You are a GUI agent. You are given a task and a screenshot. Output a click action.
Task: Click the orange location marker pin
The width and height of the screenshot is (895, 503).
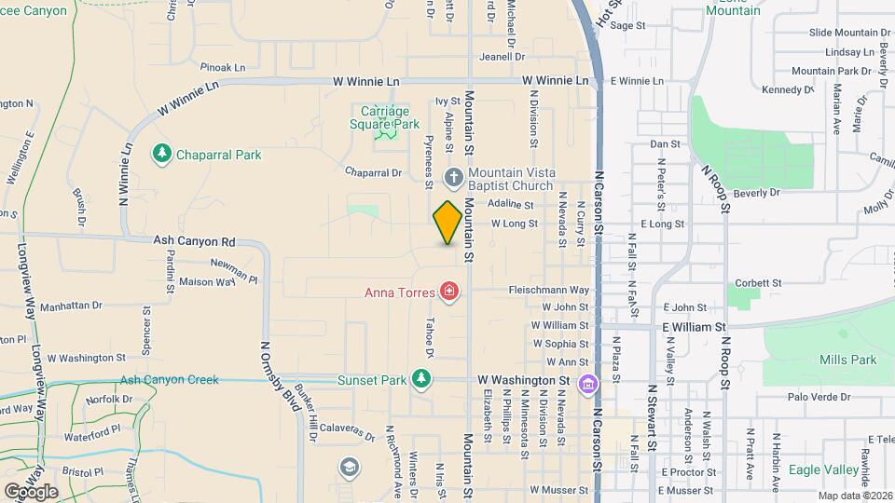pos(448,223)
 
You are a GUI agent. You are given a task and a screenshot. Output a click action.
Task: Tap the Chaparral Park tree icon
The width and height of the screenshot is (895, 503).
pos(162,154)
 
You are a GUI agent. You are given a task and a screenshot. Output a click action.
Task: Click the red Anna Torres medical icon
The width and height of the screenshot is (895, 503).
pos(449,292)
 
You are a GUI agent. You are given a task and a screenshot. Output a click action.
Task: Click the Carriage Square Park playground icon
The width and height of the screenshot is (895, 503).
pos(384,135)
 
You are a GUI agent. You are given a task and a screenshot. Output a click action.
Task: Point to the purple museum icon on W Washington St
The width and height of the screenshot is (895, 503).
pos(587,383)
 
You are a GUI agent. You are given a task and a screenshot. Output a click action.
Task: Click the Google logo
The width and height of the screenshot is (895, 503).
pos(31,491)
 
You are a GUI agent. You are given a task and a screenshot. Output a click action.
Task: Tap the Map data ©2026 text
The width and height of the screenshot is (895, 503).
pos(852,495)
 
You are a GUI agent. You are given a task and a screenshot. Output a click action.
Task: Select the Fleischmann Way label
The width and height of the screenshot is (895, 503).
pos(549,290)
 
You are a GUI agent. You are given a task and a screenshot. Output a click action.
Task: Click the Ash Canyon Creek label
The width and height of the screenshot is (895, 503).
pos(169,379)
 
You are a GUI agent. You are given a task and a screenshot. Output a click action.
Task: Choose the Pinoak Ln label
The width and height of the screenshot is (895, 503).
pos(222,67)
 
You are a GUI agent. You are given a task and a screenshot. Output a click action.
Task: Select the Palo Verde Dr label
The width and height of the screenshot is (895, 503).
pos(819,397)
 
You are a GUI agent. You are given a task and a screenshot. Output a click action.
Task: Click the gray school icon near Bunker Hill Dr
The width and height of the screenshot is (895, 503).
pos(349,467)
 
